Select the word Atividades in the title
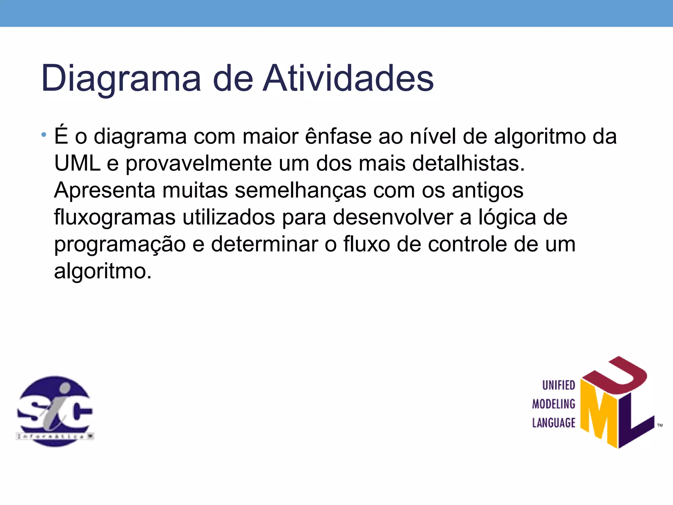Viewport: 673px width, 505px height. coord(348,78)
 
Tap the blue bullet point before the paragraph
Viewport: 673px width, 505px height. coord(44,135)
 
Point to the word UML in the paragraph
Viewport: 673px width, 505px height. coord(77,163)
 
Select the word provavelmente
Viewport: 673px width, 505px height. coord(198,164)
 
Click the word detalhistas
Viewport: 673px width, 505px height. coord(468,163)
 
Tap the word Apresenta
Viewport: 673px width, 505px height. coord(104,191)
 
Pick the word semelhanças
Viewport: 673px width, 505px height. coord(300,191)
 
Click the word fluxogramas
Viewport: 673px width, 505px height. coord(115,218)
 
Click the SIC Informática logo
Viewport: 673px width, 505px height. coord(55,411)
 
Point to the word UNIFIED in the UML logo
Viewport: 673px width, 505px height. coord(558,385)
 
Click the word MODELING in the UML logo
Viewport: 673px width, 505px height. coord(554,404)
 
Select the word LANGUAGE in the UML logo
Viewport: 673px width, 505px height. coord(554,423)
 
